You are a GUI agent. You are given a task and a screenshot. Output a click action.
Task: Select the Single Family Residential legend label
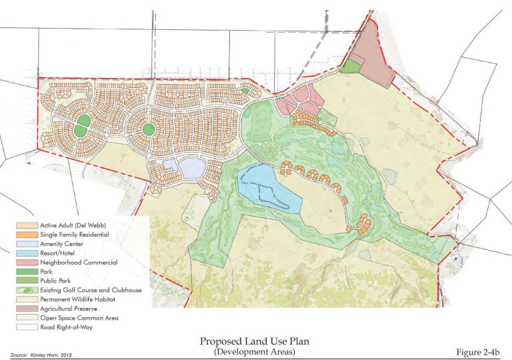(65, 234)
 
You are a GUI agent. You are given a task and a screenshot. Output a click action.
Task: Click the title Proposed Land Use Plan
(256, 341)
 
